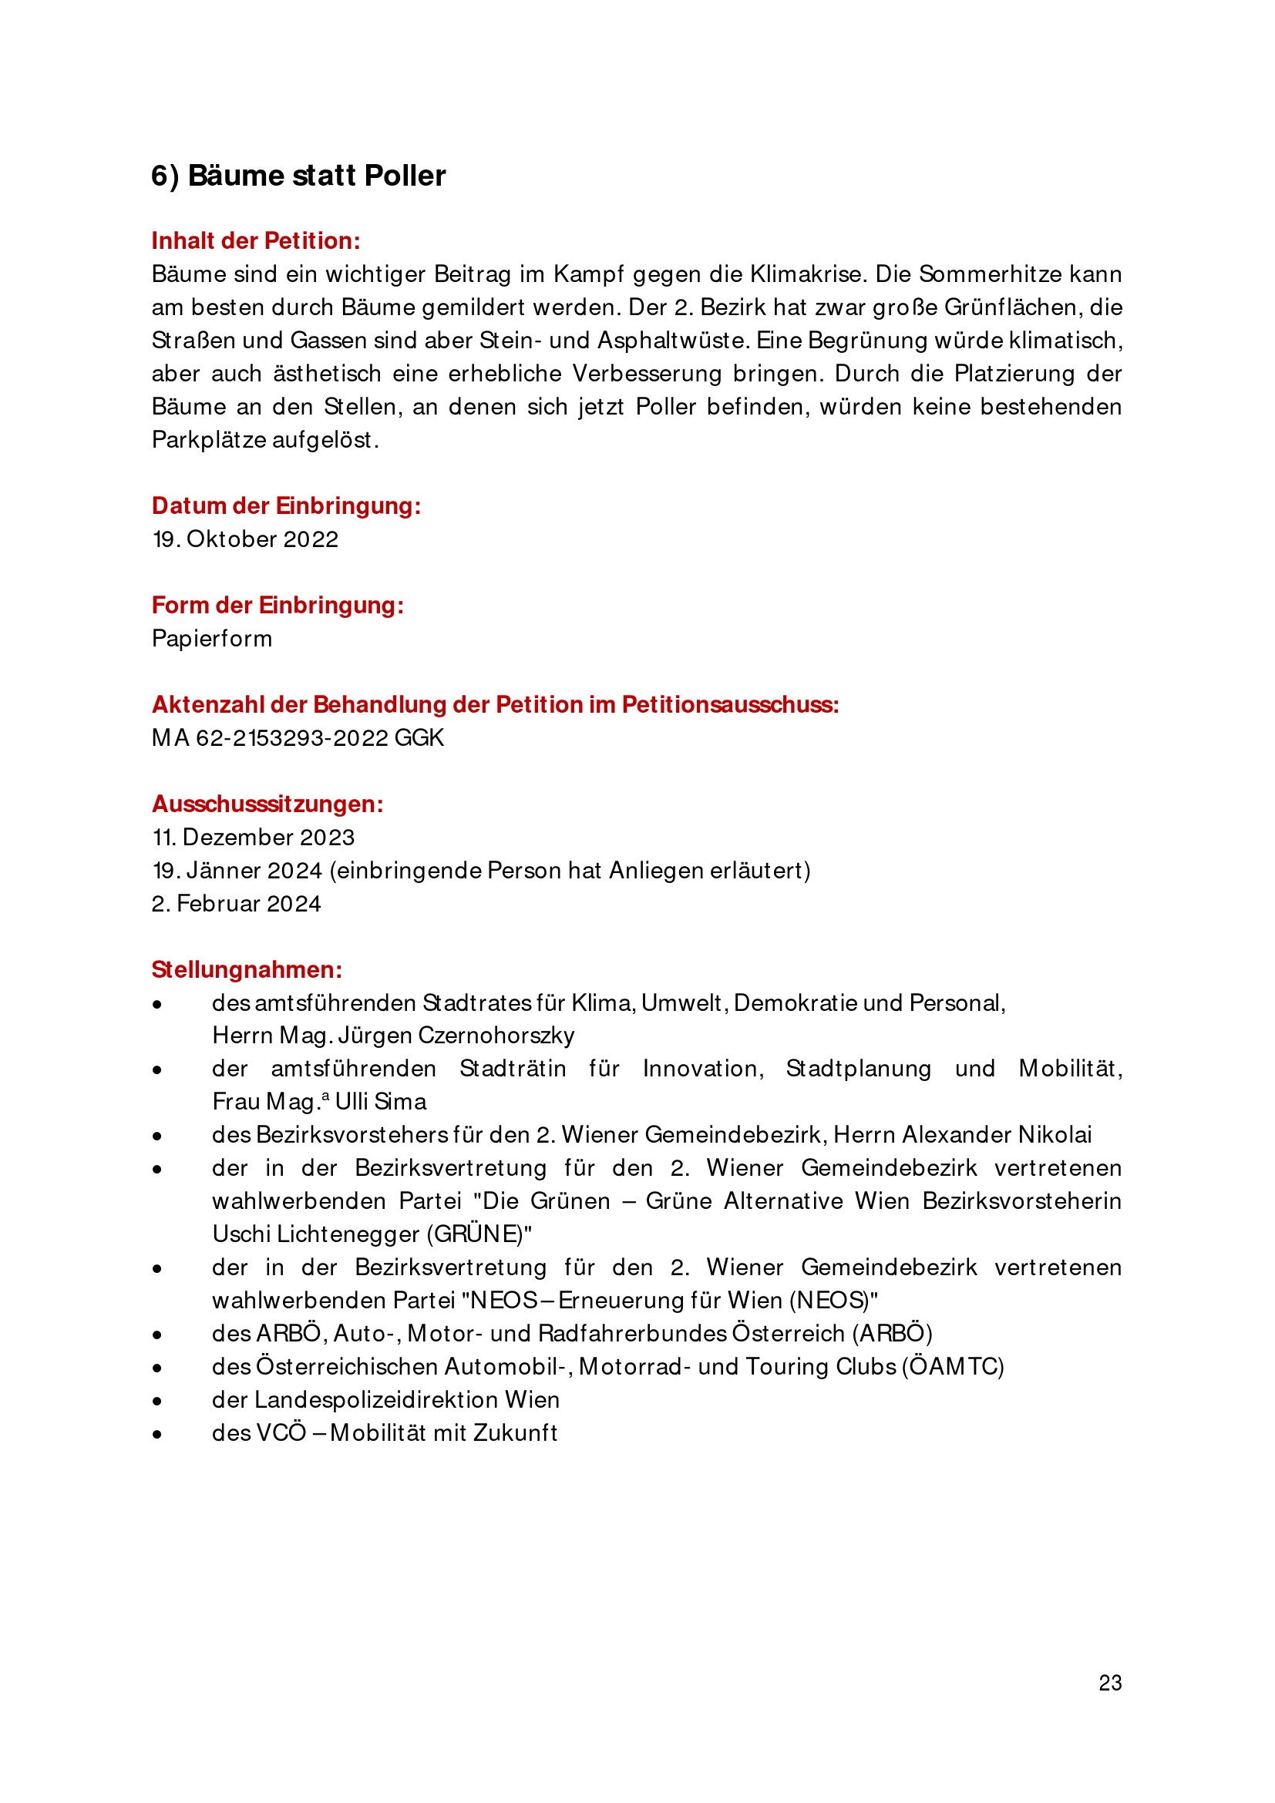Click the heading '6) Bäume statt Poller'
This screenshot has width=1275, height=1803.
tap(298, 176)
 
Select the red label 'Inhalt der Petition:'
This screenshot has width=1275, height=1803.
tap(255, 241)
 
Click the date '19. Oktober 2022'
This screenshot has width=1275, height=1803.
tap(245, 539)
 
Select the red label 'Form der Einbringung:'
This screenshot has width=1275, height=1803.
tap(278, 606)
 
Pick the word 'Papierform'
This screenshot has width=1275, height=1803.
tap(212, 639)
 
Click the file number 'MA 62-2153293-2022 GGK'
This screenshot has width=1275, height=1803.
tap(298, 738)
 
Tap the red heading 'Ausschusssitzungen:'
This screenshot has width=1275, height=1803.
tap(267, 804)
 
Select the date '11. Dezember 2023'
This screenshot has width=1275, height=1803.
tap(253, 837)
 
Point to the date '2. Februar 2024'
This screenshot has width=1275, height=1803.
tap(237, 904)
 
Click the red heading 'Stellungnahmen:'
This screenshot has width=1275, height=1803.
tap(247, 970)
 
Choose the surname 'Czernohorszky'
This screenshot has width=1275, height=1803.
tap(496, 1036)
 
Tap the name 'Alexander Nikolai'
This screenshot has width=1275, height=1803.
tap(997, 1135)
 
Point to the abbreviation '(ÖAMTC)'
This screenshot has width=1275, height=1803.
tap(953, 1367)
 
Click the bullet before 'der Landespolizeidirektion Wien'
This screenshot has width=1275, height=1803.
tap(157, 1401)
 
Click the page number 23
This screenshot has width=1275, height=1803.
tap(1110, 1683)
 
